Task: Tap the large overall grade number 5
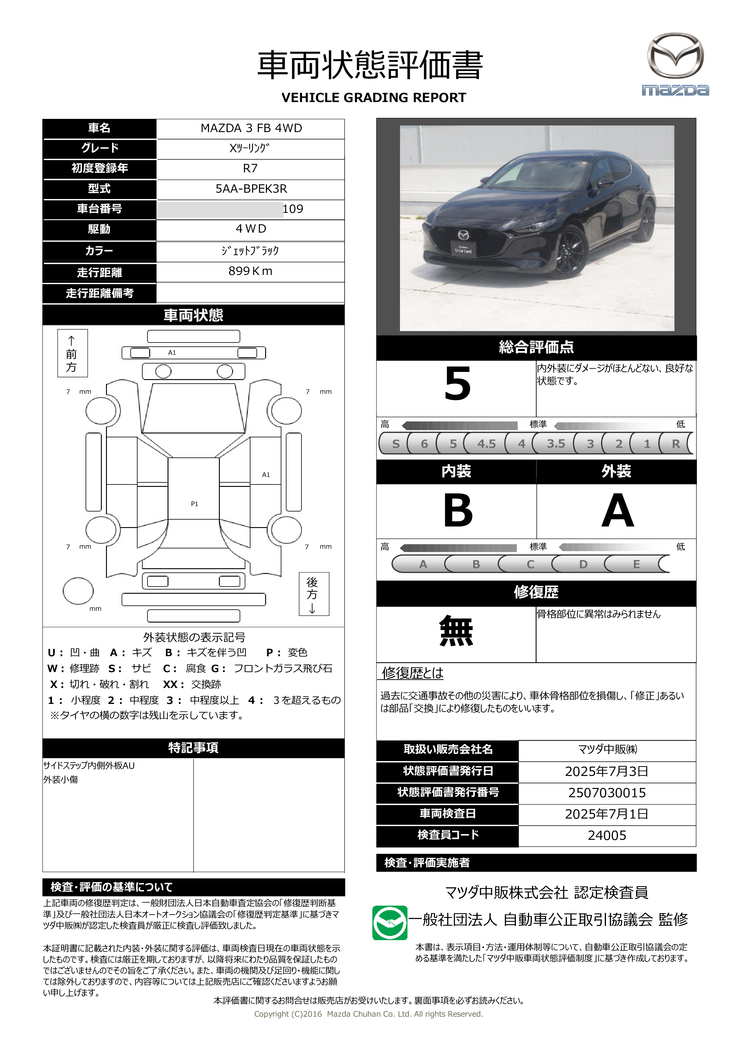pos(457,384)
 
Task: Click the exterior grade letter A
pos(617,511)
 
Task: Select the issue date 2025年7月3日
pos(607,771)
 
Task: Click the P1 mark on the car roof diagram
pos(195,504)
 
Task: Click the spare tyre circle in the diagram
pos(78,591)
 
